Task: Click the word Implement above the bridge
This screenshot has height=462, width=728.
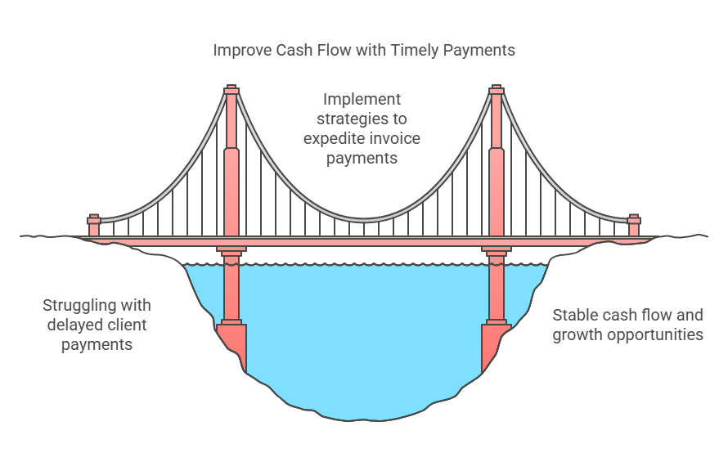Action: [362, 100]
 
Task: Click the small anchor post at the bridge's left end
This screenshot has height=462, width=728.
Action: [94, 225]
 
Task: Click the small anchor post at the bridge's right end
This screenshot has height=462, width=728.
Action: [633, 225]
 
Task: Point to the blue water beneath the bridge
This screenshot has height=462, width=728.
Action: [364, 343]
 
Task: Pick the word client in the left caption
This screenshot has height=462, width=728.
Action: [127, 325]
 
